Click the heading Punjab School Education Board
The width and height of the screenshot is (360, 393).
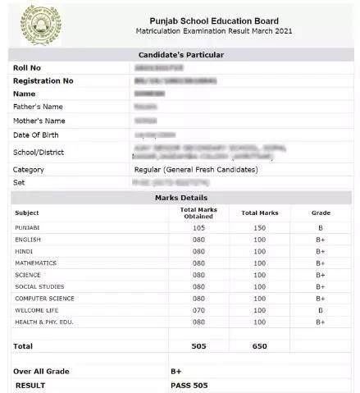pos(214,21)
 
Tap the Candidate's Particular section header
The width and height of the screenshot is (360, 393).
pos(180,54)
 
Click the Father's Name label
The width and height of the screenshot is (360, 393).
pos(38,107)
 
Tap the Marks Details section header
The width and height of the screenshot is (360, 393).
pos(180,198)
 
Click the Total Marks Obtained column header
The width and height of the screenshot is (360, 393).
pos(198,212)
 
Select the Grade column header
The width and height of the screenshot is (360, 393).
pos(321,212)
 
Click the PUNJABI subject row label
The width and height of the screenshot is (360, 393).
pos(28,227)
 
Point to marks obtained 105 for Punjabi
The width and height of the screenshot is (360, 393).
pos(198,227)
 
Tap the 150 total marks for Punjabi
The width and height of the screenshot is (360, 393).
pos(260,227)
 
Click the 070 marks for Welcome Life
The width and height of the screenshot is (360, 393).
pos(198,310)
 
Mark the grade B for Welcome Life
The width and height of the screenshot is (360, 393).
pos(321,310)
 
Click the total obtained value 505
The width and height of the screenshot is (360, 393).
pos(198,346)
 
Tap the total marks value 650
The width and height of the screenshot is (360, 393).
pos(260,346)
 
